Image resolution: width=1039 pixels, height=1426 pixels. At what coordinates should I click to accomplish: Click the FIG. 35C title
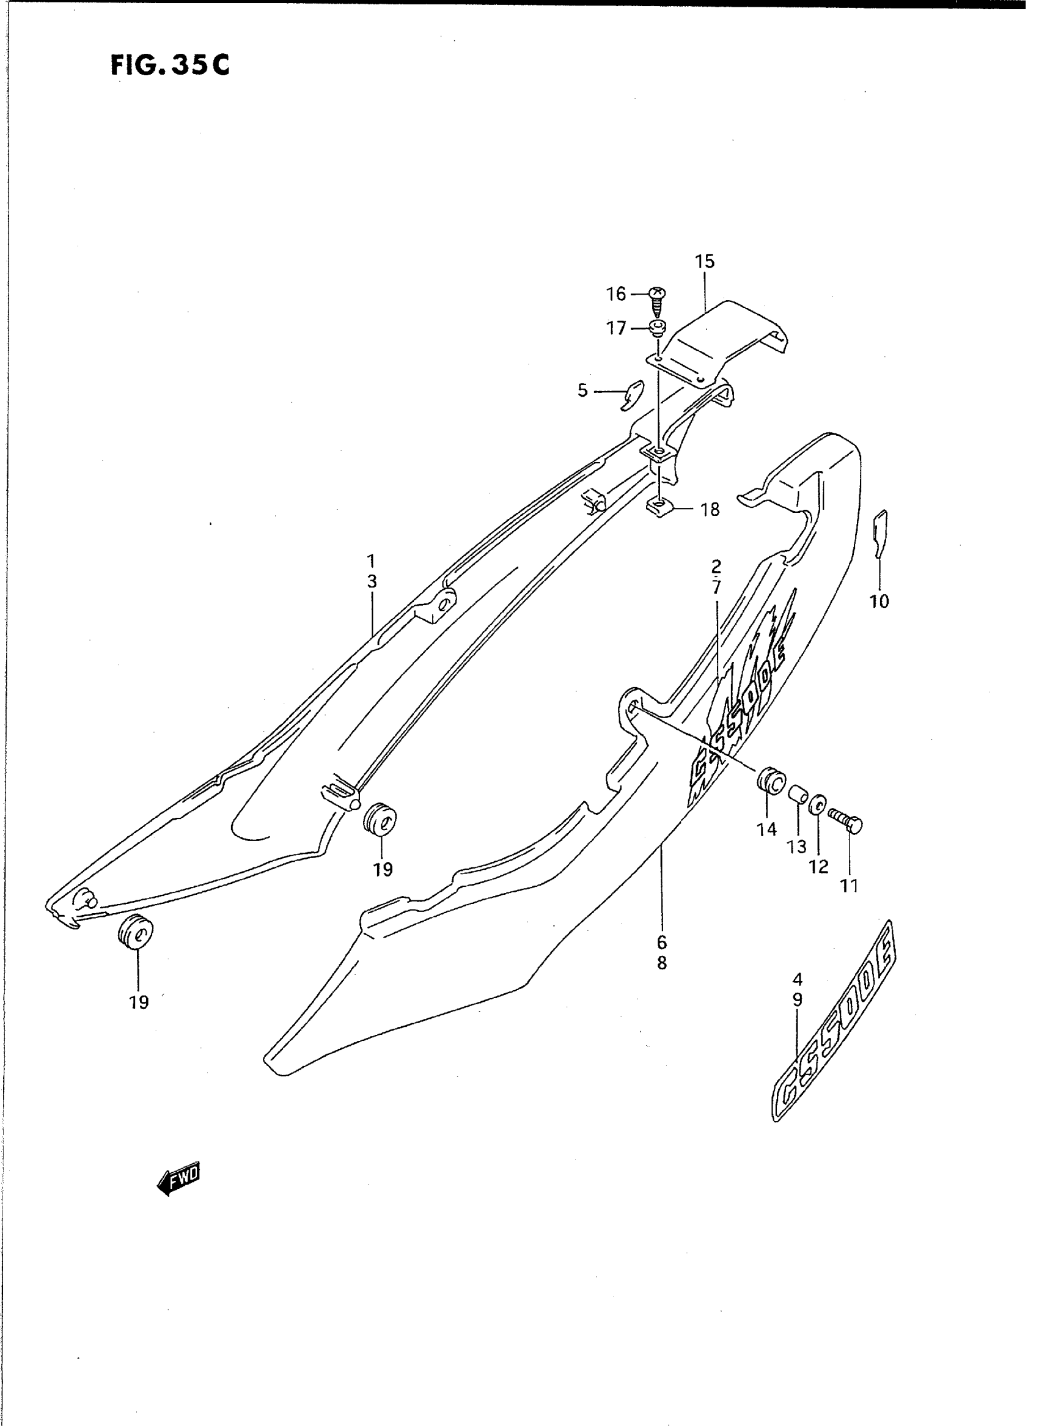tap(170, 65)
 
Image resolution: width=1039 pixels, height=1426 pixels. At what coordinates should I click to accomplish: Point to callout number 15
tap(705, 261)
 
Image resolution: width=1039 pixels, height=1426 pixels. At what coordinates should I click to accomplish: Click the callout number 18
tap(710, 510)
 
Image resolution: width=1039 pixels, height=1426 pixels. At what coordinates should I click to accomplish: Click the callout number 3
tap(372, 582)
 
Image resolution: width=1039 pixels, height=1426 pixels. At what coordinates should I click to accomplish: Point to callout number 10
tap(879, 601)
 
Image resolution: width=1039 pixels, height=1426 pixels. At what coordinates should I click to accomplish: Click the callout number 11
tap(849, 886)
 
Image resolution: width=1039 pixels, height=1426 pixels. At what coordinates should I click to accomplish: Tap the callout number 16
tap(616, 294)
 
